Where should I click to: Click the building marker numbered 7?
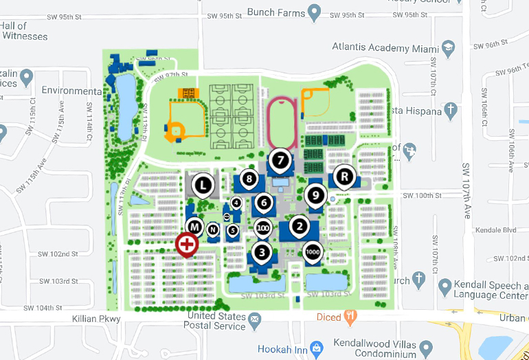pyautogui.click(x=280, y=161)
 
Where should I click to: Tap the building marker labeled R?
pyautogui.click(x=344, y=176)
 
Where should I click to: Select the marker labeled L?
pyautogui.click(x=202, y=184)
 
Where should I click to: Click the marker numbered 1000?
pyautogui.click(x=312, y=251)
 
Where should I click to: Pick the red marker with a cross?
pyautogui.click(x=186, y=244)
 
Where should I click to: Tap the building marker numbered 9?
pyautogui.click(x=315, y=195)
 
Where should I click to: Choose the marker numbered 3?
pyautogui.click(x=262, y=251)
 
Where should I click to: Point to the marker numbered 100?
pyautogui.click(x=262, y=227)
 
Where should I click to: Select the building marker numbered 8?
pyautogui.click(x=249, y=179)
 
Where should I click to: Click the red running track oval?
pyautogui.click(x=282, y=124)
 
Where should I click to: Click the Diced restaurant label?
pyautogui.click(x=328, y=317)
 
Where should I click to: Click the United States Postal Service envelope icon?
pyautogui.click(x=254, y=319)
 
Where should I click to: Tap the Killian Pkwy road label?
pyautogui.click(x=96, y=319)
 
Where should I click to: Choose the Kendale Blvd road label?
pyautogui.click(x=492, y=229)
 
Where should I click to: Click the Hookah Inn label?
pyautogui.click(x=280, y=349)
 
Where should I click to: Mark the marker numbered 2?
pyautogui.click(x=299, y=225)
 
